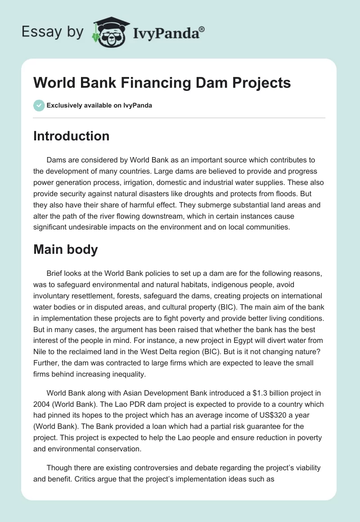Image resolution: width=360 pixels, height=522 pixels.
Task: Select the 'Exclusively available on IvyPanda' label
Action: coord(99,106)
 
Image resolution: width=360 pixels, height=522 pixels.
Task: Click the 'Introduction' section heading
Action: coord(71,136)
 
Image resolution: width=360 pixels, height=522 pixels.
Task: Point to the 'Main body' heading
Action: coord(65,250)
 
